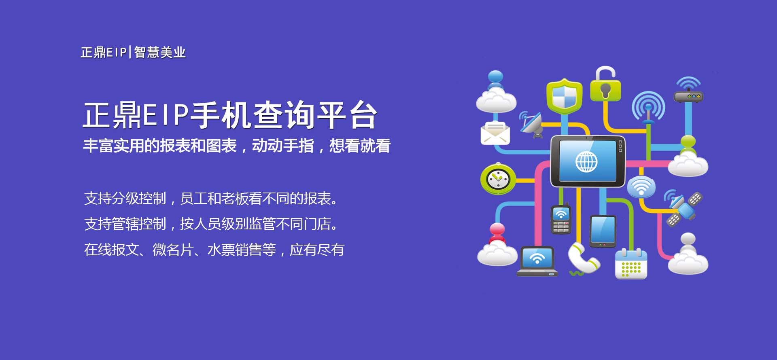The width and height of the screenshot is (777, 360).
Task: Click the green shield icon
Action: coord(564,96)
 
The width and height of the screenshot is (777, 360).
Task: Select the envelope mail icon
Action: coord(495,133)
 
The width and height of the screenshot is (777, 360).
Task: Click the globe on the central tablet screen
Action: coord(586,161)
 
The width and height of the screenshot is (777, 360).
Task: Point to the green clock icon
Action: coord(498,178)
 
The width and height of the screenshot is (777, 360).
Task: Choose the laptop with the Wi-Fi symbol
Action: coord(537,261)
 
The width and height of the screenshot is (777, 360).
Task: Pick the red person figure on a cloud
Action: coord(497,244)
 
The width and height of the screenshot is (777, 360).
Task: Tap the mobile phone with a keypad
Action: coord(561,219)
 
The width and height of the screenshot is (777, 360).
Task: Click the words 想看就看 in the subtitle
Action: coord(360,146)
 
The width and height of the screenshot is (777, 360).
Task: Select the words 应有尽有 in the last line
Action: coord(317,250)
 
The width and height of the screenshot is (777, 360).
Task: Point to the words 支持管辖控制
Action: coord(125,224)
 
